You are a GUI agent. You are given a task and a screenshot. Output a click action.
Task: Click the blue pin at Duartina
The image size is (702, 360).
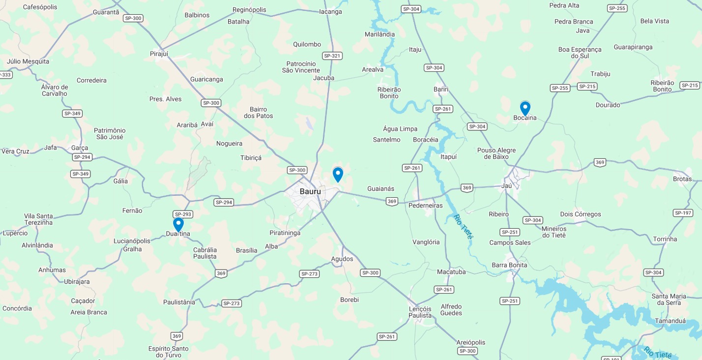(178, 224)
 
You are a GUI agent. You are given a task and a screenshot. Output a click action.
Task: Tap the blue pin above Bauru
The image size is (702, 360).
(338, 174)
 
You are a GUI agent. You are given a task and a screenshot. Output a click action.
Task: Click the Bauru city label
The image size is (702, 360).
(310, 191)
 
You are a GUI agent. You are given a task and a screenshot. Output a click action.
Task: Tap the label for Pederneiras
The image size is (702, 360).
(426, 206)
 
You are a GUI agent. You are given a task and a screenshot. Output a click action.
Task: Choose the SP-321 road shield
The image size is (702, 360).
(332, 56)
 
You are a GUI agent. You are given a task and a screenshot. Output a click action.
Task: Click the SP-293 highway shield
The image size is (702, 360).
(183, 214)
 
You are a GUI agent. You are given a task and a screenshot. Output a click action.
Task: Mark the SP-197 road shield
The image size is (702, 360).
(683, 213)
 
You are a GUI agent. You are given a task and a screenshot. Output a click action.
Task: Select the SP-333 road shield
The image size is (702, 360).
(5, 75)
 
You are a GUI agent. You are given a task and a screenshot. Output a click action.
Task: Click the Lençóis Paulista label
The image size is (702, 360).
(420, 312)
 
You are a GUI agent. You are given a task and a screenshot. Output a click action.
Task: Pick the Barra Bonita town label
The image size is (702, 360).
(509, 265)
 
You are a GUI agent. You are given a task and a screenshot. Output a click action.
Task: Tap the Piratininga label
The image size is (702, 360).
(285, 233)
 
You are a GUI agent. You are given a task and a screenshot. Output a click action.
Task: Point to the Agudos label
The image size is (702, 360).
(342, 259)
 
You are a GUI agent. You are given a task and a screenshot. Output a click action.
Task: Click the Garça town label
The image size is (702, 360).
(80, 148)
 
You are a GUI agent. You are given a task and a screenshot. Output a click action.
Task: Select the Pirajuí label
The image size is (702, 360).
(159, 53)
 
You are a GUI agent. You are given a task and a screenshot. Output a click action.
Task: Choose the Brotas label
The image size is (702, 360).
(682, 179)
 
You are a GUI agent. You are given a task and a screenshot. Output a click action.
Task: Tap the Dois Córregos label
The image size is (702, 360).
(581, 214)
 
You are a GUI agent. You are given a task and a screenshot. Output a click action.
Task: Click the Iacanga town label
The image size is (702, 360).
(330, 12)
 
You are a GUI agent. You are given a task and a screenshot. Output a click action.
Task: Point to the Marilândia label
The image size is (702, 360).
(380, 34)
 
